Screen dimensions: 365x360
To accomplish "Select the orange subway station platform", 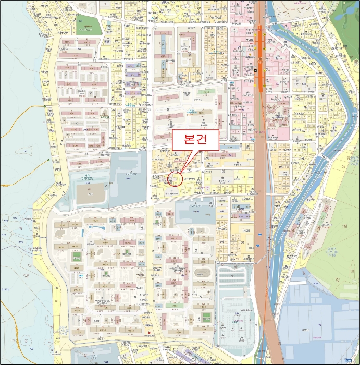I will pos(259,57).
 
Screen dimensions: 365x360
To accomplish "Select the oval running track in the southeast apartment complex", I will pos(201,273).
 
